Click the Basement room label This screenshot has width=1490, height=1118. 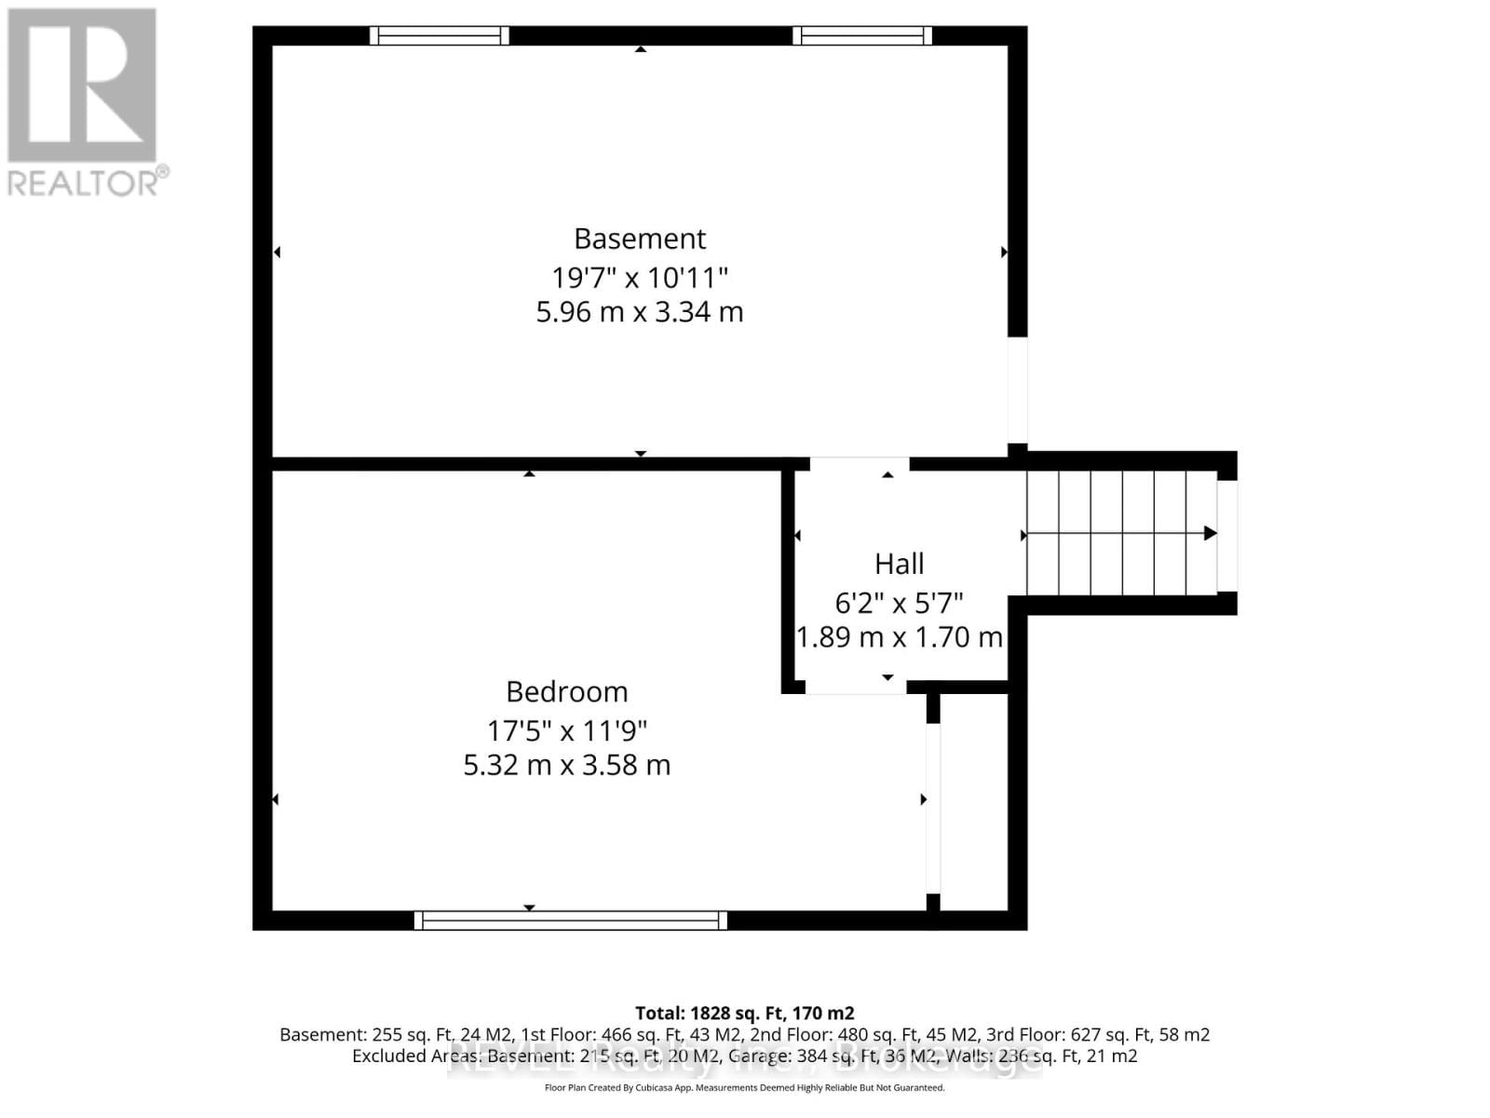click(x=640, y=239)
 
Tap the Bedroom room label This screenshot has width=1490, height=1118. click(x=566, y=692)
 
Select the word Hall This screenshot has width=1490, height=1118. click(x=899, y=565)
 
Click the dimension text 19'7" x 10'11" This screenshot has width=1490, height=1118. click(x=640, y=278)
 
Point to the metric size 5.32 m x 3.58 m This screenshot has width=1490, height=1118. click(x=566, y=766)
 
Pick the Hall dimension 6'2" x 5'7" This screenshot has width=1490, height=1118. click(x=899, y=604)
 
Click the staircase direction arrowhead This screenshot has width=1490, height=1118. click(x=1210, y=534)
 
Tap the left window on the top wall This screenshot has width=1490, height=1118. click(x=439, y=36)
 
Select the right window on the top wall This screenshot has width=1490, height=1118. click(x=861, y=36)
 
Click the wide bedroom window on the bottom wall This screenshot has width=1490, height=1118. click(x=570, y=920)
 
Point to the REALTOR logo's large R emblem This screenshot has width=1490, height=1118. click(x=82, y=86)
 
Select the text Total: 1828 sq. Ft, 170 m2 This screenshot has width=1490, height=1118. click(x=744, y=1013)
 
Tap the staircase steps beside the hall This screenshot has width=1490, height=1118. click(x=1121, y=534)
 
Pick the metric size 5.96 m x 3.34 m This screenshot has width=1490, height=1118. click(x=640, y=312)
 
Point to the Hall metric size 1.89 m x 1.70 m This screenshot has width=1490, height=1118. click(x=899, y=638)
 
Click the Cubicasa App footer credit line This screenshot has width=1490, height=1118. click(x=744, y=1088)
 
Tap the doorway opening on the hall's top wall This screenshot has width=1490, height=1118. click(x=859, y=463)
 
